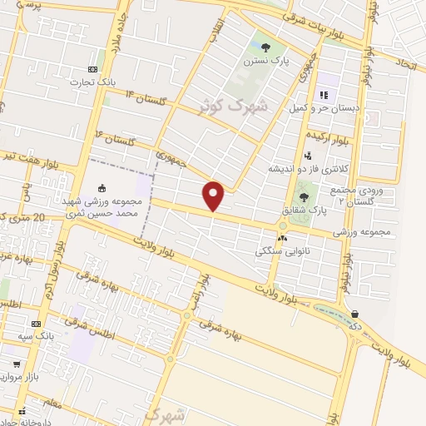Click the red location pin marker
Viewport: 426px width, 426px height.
[x=214, y=196]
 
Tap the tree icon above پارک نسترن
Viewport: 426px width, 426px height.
[x=265, y=48]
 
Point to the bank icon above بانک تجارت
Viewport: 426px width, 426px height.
[x=93, y=69]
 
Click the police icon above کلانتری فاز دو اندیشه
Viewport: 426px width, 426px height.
[x=308, y=155]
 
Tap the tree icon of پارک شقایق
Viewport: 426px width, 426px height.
[x=303, y=197]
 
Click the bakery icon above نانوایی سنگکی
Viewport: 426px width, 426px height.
[x=283, y=239]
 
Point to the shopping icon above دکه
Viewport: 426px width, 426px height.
[x=356, y=315]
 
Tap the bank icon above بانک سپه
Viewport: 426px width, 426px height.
[x=36, y=324]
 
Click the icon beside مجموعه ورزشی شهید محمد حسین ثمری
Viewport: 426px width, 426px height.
[x=102, y=188]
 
